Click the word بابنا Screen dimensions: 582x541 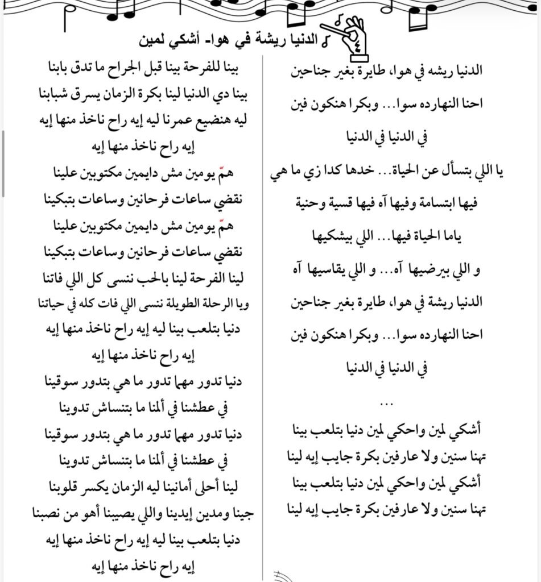point(52,69)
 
